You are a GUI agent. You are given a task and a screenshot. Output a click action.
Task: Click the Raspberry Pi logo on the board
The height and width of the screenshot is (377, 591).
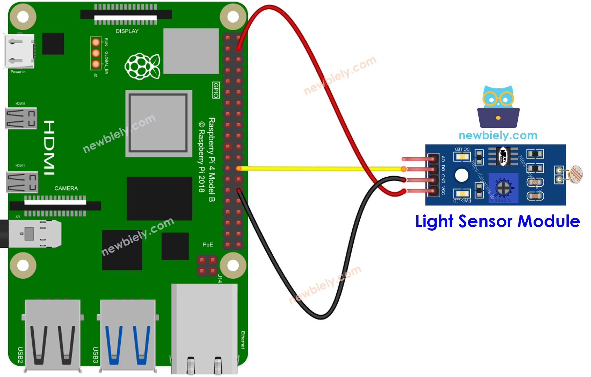[x=142, y=66]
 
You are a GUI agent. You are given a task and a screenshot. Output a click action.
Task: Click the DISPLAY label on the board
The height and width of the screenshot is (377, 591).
[x=127, y=31]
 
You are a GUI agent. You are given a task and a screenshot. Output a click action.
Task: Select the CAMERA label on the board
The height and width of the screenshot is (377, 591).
[x=66, y=188]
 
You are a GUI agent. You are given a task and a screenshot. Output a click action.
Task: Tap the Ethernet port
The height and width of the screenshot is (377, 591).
[x=204, y=328]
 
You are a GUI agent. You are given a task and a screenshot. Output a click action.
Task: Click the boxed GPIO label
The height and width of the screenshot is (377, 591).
[x=216, y=90]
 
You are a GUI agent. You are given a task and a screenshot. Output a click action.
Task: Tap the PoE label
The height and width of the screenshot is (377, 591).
[x=208, y=245]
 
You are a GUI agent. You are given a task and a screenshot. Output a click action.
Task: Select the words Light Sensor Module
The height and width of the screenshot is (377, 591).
[x=497, y=221]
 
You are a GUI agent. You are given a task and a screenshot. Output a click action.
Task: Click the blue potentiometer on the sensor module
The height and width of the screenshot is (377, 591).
[x=503, y=188]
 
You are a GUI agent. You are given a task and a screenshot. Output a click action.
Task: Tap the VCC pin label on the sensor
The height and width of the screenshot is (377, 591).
[x=443, y=191]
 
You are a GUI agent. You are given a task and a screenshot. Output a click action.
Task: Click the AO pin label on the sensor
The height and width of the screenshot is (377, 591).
[x=443, y=158]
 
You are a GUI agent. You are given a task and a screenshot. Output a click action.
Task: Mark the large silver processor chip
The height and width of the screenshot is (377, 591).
[x=158, y=123]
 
